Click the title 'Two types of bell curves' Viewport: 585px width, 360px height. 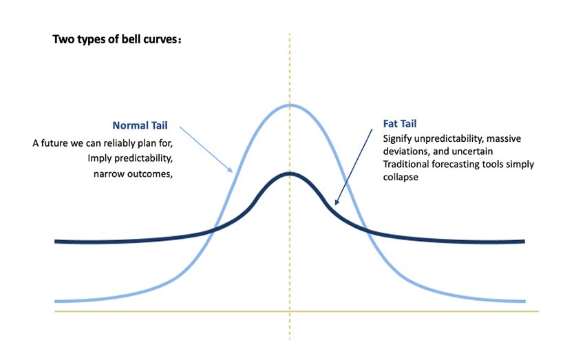coord(116,39)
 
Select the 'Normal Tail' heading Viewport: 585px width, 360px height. coord(140,126)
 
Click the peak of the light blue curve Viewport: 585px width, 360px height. coord(290,105)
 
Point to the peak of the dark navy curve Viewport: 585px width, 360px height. coord(290,173)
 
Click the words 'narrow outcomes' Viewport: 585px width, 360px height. coord(132,174)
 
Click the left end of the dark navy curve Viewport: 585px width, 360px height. coord(56,242)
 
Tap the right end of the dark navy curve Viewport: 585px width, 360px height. coord(524,242)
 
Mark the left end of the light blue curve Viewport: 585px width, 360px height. coord(56,301)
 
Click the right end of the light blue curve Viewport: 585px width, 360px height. coord(524,301)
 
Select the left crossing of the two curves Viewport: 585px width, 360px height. coord(213,229)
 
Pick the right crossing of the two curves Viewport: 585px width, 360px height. coord(366,229)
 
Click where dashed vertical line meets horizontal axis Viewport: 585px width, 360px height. coord(290,312)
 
